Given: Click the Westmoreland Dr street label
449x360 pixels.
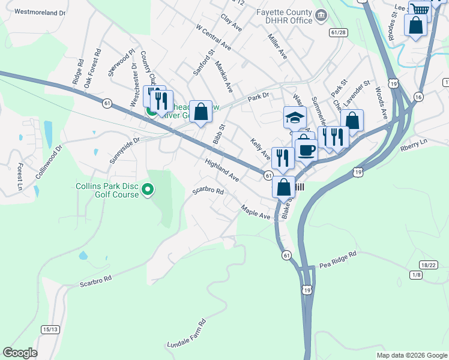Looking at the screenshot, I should pyautogui.click(x=40, y=12).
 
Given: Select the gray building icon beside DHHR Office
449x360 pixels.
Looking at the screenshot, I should pyautogui.click(x=321, y=15).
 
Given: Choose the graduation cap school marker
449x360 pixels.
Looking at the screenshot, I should pyautogui.click(x=295, y=117).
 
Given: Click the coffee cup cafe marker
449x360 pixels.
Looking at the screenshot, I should pyautogui.click(x=306, y=149).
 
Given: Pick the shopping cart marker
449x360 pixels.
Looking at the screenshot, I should pyautogui.click(x=420, y=10).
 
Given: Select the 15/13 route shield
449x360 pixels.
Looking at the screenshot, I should pyautogui.click(x=50, y=329).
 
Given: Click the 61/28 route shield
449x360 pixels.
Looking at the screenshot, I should pyautogui.click(x=338, y=32).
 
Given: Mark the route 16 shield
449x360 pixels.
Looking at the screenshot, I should pyautogui.click(x=418, y=97).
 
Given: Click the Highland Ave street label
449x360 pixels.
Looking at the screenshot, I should pyautogui.click(x=221, y=170).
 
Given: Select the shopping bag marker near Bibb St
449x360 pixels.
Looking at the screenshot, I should pyautogui.click(x=201, y=111).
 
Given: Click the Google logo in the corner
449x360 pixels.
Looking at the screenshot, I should pyautogui.click(x=20, y=353).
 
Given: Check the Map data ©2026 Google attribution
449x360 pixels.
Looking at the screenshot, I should pyautogui.click(x=411, y=355).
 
